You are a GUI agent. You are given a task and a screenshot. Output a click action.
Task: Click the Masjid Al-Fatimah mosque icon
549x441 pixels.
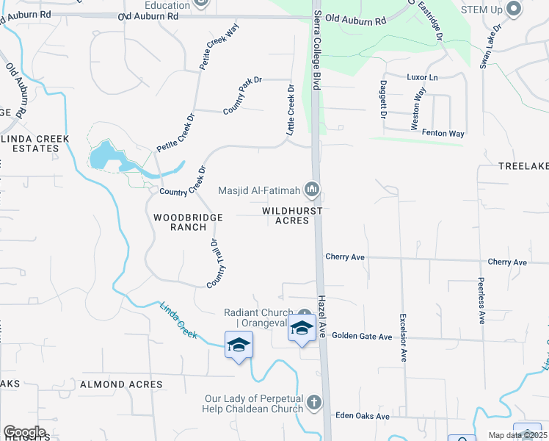click(313, 191)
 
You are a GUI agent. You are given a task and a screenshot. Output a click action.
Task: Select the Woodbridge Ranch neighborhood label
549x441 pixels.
click(181, 222)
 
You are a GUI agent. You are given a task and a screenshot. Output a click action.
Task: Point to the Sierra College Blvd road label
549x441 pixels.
click(317, 51)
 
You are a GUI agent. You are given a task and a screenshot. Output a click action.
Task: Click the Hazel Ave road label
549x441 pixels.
click(322, 317)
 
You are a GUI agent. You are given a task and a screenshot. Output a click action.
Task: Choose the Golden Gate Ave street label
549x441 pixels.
click(362, 336)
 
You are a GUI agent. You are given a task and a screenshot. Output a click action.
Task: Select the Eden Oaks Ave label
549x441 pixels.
click(362, 416)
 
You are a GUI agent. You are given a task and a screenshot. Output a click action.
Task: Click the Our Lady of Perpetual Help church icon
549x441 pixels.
click(313, 402)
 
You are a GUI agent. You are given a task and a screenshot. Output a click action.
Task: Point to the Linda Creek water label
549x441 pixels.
click(179, 320)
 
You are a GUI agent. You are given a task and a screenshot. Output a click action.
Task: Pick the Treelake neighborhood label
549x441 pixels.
click(523, 167)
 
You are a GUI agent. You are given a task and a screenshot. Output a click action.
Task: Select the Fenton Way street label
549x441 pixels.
click(443, 133)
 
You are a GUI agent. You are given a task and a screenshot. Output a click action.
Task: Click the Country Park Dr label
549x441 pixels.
click(242, 96)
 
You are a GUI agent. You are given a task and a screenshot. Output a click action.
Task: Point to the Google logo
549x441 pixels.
click(24, 432)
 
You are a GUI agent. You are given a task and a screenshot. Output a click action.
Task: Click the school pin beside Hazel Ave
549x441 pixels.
click(302, 328)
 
